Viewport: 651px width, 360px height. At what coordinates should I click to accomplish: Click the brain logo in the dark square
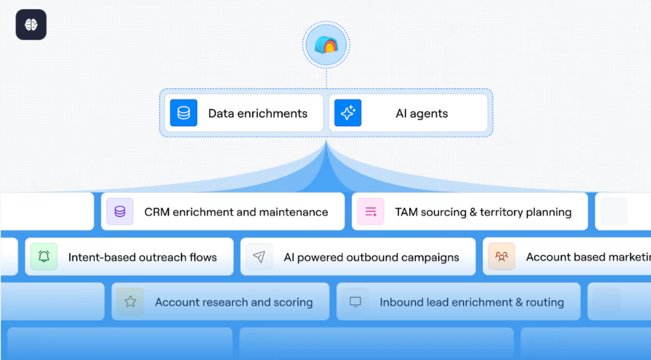click(31, 25)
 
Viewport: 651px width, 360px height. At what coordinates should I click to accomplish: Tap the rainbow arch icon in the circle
click(327, 45)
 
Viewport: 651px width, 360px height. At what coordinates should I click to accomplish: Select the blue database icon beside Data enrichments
click(184, 113)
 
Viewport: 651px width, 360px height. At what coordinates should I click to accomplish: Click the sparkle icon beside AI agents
click(348, 113)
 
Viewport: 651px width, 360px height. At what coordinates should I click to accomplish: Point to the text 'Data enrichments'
click(257, 113)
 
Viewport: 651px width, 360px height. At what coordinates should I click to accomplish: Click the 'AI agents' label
click(421, 113)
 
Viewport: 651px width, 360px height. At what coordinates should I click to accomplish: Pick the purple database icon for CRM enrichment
click(120, 212)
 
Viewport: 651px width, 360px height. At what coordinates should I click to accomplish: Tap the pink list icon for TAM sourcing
click(371, 212)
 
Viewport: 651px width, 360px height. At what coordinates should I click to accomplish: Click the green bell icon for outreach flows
click(44, 257)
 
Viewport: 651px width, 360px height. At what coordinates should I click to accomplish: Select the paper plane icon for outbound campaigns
click(259, 257)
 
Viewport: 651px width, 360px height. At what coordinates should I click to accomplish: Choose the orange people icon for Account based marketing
click(502, 257)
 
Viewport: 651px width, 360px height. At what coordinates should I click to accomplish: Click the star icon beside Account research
click(130, 302)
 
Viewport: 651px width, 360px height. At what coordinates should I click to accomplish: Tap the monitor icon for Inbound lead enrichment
click(355, 302)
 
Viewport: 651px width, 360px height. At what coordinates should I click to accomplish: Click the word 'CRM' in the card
click(157, 212)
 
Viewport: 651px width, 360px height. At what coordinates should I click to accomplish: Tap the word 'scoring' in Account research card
click(293, 303)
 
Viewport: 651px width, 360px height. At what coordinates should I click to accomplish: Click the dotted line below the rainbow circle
click(327, 77)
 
